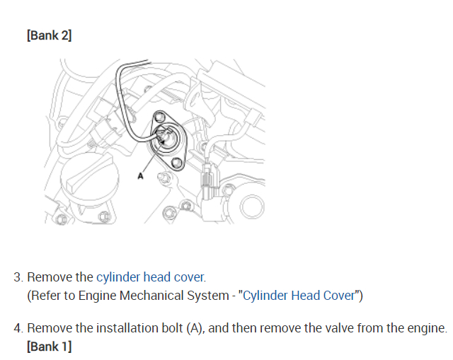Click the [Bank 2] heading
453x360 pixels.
pos(49,35)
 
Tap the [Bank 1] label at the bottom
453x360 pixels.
pos(49,346)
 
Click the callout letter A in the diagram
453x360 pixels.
pos(140,176)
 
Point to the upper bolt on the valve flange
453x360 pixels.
pos(159,117)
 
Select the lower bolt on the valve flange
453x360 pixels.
pos(177,163)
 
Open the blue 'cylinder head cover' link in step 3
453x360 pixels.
pos(151,277)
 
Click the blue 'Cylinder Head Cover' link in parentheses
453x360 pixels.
pos(299,296)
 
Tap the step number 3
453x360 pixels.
pos(18,277)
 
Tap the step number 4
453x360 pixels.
pos(18,328)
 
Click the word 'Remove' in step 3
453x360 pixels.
pos(50,277)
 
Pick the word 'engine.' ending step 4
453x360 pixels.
pos(427,329)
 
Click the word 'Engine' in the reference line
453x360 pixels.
pos(97,296)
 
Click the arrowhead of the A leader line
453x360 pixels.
pos(162,141)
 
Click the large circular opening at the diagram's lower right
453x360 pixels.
pos(253,207)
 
